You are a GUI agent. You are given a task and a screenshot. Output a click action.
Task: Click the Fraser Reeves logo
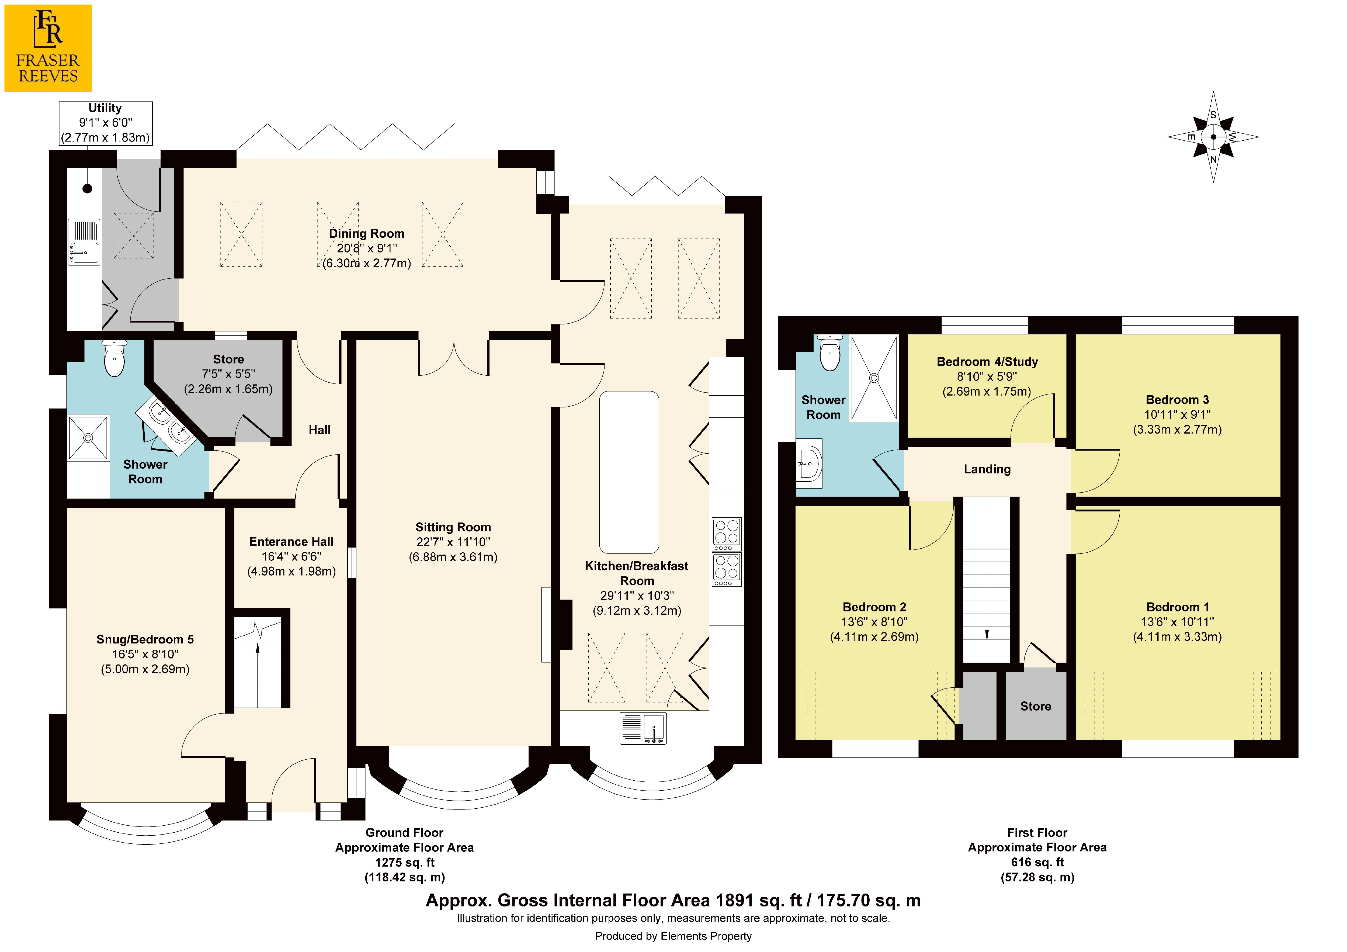[48, 48]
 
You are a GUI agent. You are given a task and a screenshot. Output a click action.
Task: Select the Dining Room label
[367, 234]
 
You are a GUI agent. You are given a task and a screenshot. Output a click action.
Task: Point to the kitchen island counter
[629, 472]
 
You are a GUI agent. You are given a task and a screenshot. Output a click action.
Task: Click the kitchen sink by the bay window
[643, 728]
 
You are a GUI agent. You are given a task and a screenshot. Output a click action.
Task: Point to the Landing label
[987, 469]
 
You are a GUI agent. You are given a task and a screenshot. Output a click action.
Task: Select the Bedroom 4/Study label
[987, 362]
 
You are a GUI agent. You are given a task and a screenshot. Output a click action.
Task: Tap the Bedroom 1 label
[1178, 607]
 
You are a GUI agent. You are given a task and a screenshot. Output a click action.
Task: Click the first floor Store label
[1036, 706]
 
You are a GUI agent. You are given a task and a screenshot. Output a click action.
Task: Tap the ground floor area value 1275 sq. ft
[405, 862]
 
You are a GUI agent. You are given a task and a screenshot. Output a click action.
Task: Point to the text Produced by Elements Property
[673, 936]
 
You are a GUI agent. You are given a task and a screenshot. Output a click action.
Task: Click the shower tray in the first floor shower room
[874, 378]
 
